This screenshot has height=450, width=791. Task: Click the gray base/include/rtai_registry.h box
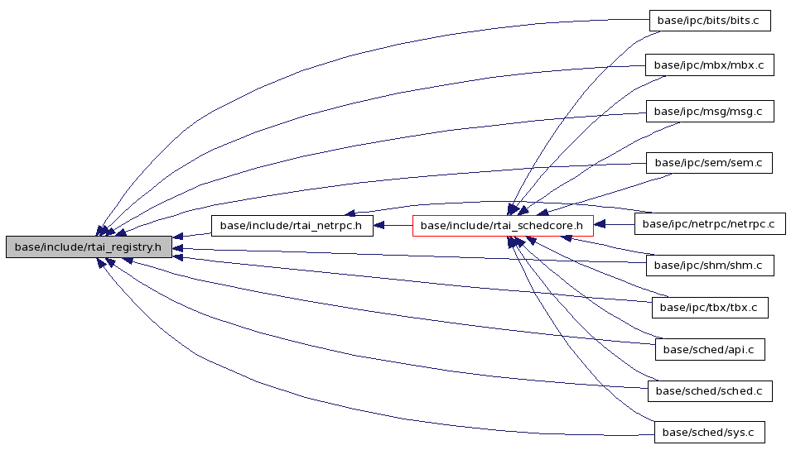pyautogui.click(x=89, y=247)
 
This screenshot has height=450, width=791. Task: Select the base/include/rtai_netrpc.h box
pyautogui.click(x=292, y=226)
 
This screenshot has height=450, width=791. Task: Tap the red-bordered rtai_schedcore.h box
pyautogui.click(x=503, y=226)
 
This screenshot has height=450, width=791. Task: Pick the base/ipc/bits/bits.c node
pyautogui.click(x=710, y=21)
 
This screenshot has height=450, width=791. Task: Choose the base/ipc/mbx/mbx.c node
pyautogui.click(x=710, y=65)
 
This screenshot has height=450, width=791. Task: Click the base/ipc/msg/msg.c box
pyautogui.click(x=710, y=112)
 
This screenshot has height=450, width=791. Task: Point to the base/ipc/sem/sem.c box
pyautogui.click(x=709, y=163)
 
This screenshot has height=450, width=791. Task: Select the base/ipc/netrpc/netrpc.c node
pyautogui.click(x=710, y=223)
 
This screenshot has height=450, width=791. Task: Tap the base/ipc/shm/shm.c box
pyautogui.click(x=710, y=265)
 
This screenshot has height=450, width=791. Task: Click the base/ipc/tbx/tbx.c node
pyautogui.click(x=710, y=308)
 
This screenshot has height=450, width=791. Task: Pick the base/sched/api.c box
pyautogui.click(x=710, y=350)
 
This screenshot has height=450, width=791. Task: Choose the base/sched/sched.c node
pyautogui.click(x=710, y=391)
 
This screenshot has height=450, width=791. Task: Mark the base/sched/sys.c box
pyautogui.click(x=709, y=433)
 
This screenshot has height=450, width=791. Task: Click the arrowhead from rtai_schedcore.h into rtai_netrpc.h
pyautogui.click(x=379, y=226)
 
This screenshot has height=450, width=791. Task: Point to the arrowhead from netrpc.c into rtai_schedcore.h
pyautogui.click(x=600, y=224)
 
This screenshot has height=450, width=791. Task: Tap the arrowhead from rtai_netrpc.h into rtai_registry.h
pyautogui.click(x=177, y=237)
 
